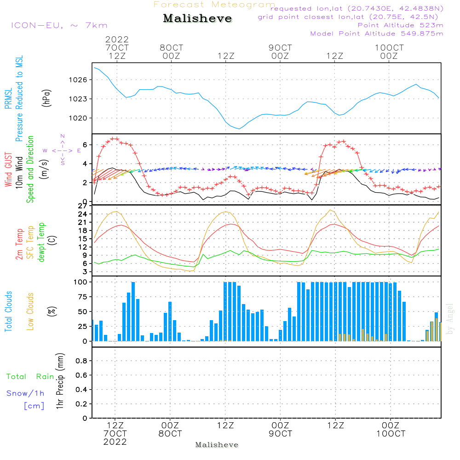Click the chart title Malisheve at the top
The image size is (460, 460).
[x=197, y=19]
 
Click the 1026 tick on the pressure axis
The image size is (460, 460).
[x=81, y=80]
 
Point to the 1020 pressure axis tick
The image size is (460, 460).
[x=81, y=118]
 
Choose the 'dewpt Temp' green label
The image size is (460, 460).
[x=41, y=242]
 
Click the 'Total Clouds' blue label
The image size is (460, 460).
[x=8, y=311]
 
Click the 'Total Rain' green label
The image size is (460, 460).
[x=30, y=377]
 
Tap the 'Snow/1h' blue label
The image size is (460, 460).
[x=25, y=393]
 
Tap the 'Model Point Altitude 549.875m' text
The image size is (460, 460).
[x=377, y=34]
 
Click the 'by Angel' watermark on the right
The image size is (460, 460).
[x=450, y=319]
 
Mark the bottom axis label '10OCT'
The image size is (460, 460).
[x=391, y=434]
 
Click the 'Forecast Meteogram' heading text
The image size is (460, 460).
[x=214, y=5]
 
